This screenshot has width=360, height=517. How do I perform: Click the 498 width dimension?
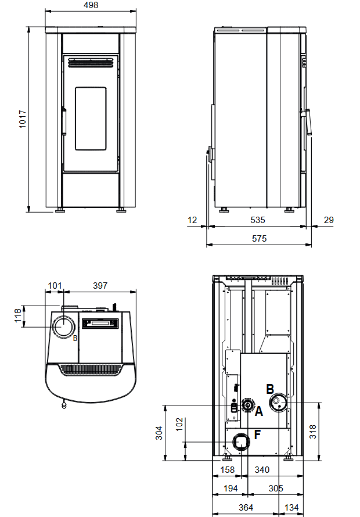(91, 5)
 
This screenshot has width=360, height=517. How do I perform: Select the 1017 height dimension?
(23, 119)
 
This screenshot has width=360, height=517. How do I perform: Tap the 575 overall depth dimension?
(259, 238)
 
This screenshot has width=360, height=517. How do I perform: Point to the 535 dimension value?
(257, 220)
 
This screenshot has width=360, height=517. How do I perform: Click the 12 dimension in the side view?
(192, 220)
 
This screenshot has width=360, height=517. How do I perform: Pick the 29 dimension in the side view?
(329, 220)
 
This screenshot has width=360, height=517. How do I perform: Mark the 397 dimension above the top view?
(100, 286)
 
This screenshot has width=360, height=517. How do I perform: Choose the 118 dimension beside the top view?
(18, 315)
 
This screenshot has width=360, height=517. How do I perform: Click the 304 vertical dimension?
(159, 433)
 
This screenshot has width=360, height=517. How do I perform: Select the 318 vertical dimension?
(312, 432)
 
